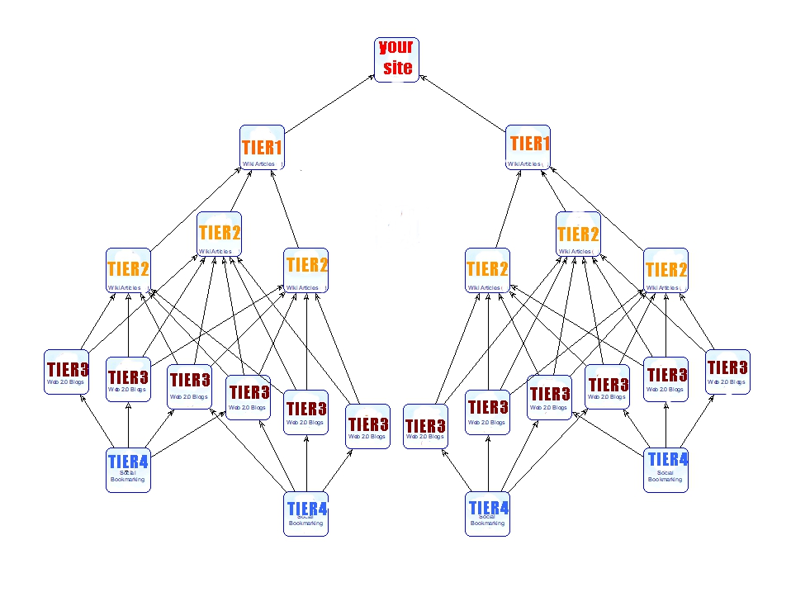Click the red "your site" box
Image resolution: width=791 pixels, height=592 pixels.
click(396, 59)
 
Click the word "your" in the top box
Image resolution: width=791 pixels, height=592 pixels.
click(396, 47)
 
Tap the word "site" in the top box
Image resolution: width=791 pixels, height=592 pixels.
click(397, 68)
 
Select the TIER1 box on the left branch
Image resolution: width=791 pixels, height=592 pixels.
click(262, 148)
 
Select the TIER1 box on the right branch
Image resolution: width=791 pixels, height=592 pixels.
click(529, 148)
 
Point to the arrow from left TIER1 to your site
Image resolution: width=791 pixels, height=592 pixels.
click(329, 102)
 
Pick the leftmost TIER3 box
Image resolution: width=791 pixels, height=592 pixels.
click(67, 372)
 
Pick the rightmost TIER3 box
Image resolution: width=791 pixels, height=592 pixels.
click(727, 371)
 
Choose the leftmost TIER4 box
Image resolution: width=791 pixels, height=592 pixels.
click(128, 470)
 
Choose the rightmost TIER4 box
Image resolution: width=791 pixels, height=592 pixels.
click(666, 469)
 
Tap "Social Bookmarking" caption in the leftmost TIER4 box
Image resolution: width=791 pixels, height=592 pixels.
click(128, 476)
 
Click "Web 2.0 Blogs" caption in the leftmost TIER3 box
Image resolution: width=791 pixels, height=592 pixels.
click(65, 382)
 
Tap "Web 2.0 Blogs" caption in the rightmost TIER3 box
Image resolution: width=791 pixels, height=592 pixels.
click(727, 381)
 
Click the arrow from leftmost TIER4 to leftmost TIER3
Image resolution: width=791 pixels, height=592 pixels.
click(97, 421)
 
